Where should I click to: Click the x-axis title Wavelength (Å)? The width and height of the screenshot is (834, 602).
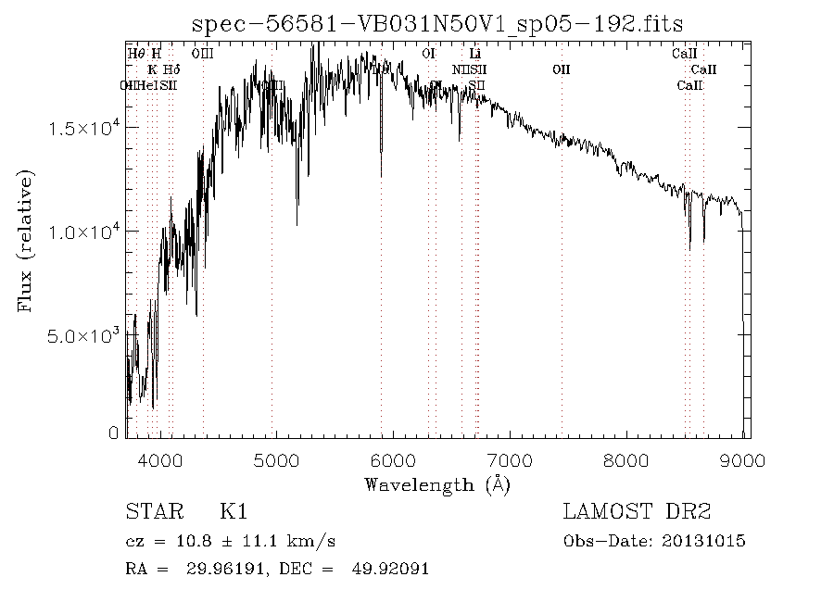point(437,484)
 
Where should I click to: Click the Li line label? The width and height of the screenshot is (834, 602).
point(475,54)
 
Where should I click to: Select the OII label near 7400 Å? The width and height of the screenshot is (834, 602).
point(561,69)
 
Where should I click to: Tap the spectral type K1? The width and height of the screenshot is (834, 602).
point(234,512)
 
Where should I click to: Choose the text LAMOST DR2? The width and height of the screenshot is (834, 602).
point(637,512)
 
